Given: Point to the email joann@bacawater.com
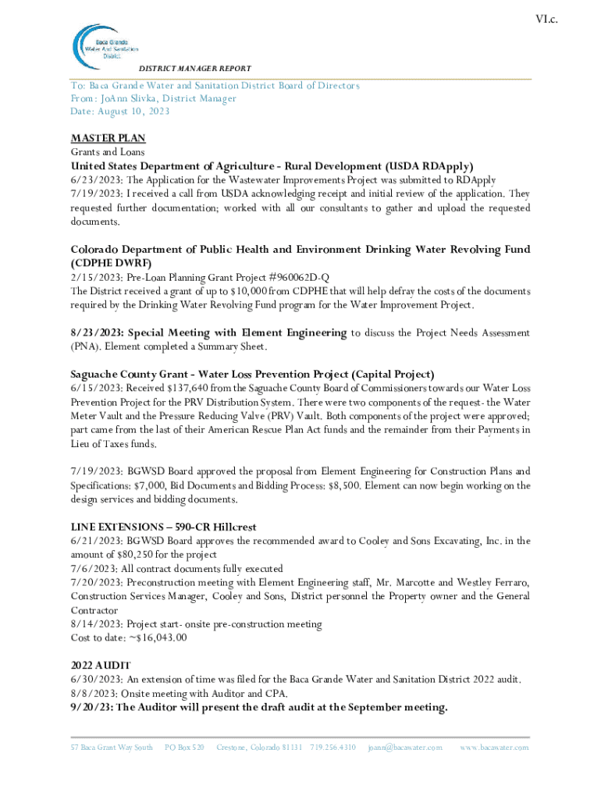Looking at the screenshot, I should click(x=405, y=748).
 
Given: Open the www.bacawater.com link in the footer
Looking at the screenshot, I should click(x=494, y=748).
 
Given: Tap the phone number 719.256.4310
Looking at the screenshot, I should click(x=333, y=748).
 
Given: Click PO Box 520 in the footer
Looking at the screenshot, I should click(x=184, y=748).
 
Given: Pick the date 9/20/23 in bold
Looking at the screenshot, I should click(x=91, y=708).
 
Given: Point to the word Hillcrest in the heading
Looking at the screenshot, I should click(x=229, y=527).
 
